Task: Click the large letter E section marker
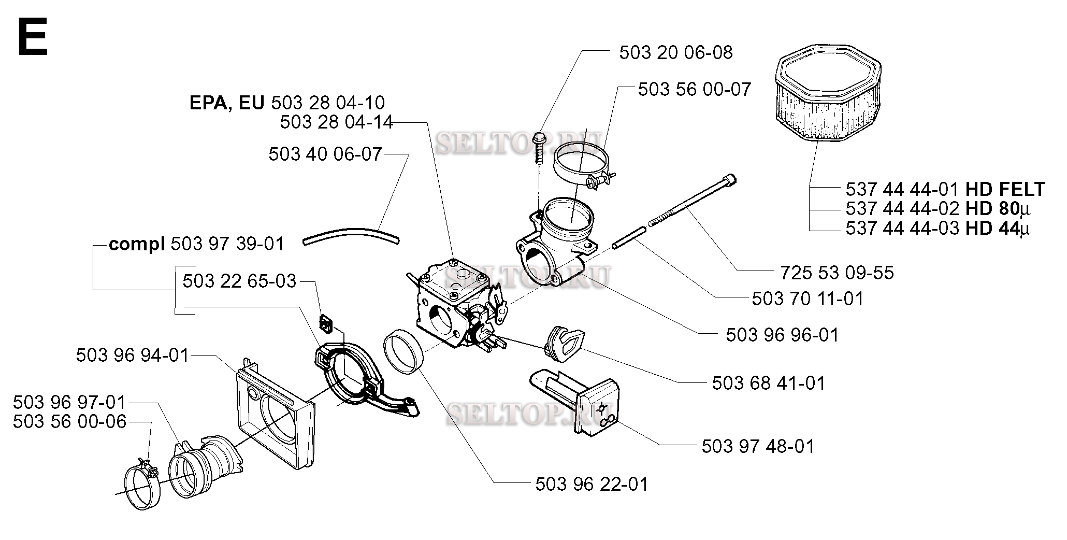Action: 32,37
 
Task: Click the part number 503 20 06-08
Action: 676,52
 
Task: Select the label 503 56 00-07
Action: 694,89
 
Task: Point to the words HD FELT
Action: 1005,189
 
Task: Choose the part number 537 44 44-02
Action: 903,208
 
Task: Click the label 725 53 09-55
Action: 837,273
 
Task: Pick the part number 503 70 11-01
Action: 808,299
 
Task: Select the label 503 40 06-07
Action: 325,154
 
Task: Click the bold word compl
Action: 136,244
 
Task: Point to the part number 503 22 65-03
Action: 239,281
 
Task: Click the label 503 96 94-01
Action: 133,356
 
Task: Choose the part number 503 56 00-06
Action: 69,421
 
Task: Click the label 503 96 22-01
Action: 592,484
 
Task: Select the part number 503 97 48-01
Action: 758,446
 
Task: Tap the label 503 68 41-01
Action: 769,383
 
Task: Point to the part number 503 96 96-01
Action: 782,335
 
